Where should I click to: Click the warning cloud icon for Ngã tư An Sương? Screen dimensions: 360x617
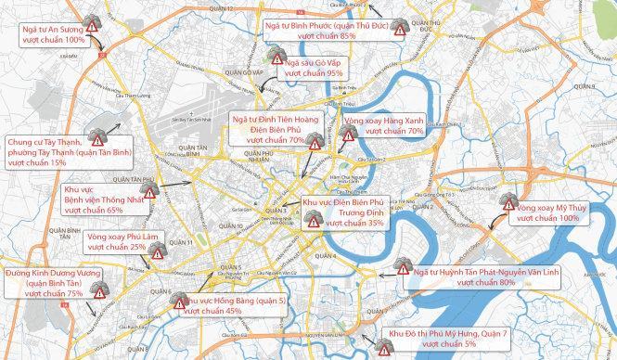tap(93, 23)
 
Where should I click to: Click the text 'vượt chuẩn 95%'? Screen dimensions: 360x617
tap(314, 72)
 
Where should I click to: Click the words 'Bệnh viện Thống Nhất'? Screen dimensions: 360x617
tap(97, 199)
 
